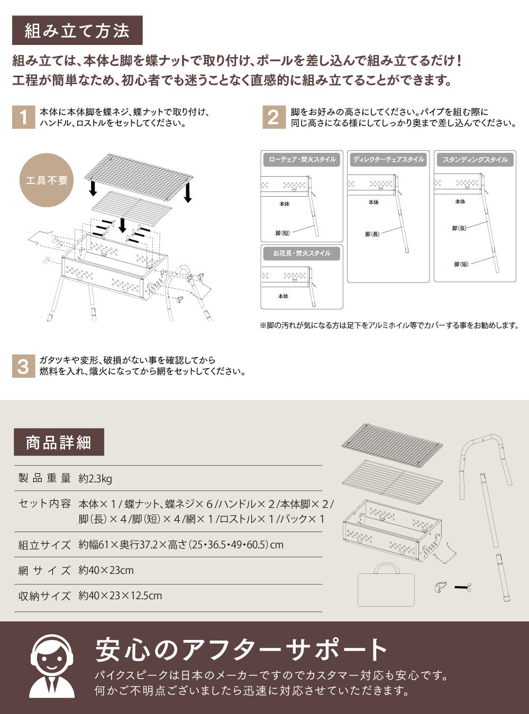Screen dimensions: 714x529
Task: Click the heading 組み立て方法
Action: pyautogui.click(x=77, y=31)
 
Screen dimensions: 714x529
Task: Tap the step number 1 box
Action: pyautogui.click(x=23, y=117)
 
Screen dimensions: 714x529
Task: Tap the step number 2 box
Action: pyautogui.click(x=273, y=117)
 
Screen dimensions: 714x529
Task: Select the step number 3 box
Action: pyautogui.click(x=23, y=366)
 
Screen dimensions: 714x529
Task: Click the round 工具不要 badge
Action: pyautogui.click(x=47, y=180)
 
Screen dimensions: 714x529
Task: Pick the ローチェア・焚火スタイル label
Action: pyautogui.click(x=302, y=160)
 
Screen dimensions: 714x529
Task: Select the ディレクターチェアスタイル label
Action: pyautogui.click(x=388, y=160)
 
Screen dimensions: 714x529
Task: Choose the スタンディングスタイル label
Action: pyautogui.click(x=475, y=160)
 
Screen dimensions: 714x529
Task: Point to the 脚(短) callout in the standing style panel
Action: pyautogui.click(x=461, y=264)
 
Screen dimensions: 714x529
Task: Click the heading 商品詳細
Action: pyautogui.click(x=59, y=442)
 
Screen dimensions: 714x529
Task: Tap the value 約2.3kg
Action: pyautogui.click(x=95, y=479)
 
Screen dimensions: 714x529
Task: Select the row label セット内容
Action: pyautogui.click(x=44, y=504)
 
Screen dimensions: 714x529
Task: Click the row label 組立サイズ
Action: pyautogui.click(x=44, y=545)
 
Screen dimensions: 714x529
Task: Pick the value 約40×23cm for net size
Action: pyautogui.click(x=106, y=570)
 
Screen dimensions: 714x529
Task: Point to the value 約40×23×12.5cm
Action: pyautogui.click(x=120, y=596)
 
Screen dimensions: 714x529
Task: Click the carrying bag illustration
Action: pyautogui.click(x=386, y=586)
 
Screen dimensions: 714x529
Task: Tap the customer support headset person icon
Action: pyautogui.click(x=51, y=666)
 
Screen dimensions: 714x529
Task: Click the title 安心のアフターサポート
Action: pyautogui.click(x=242, y=649)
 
